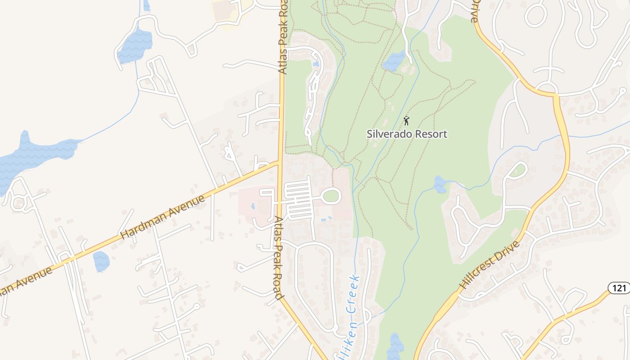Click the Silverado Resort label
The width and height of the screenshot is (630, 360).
(407, 134)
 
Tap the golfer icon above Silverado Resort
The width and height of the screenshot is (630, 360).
(406, 121)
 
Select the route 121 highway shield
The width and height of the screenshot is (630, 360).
(619, 288)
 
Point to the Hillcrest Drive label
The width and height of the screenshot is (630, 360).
(490, 265)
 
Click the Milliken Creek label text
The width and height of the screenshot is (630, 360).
(351, 315)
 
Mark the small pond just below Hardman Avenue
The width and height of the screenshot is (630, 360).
(101, 261)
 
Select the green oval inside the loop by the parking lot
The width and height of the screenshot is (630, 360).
(331, 196)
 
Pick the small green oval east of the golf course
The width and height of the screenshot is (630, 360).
(518, 170)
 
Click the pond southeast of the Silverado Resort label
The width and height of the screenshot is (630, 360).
(440, 184)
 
